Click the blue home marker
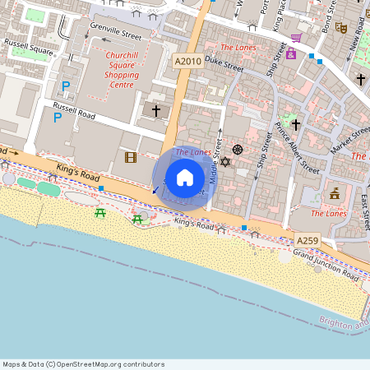click(x=185, y=178)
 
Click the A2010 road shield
click(x=187, y=62)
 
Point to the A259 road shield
click(x=308, y=239)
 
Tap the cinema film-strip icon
click(x=130, y=157)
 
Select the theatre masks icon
click(x=340, y=27)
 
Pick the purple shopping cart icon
click(x=295, y=38)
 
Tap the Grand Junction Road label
click(x=326, y=266)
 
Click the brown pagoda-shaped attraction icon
click(x=335, y=194)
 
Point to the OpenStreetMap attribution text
click(x=83, y=364)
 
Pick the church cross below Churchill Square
click(x=155, y=109)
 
